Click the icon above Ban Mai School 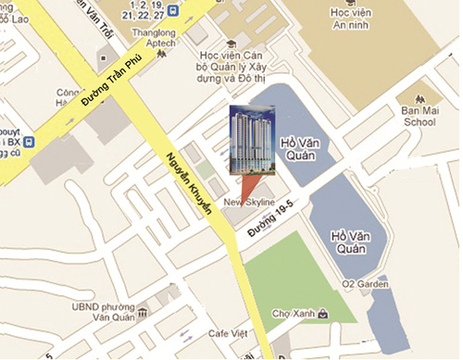pos(419,95)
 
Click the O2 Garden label pos(362,282)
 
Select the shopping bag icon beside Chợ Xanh pos(321,314)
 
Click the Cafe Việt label pos(231,333)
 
